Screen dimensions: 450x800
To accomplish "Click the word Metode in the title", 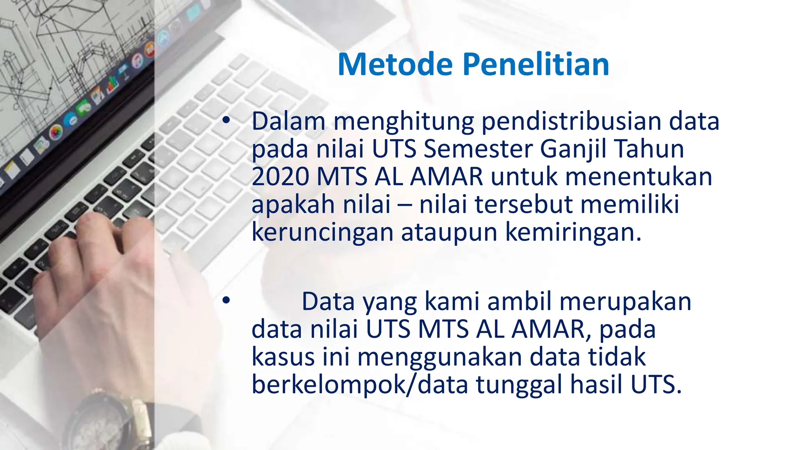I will point(395,64).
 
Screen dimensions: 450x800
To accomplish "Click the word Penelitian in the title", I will point(536,64).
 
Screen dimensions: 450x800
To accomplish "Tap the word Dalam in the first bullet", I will point(288,121).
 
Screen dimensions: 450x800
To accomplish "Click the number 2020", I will point(280,177).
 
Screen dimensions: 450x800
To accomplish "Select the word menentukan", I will point(639,177).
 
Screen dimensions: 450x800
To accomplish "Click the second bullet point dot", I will point(226,301).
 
